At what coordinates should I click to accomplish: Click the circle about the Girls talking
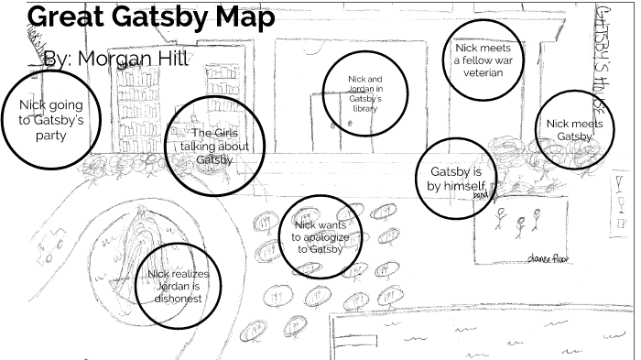pos(214,146)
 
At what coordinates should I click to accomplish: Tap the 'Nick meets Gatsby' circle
pos(575,130)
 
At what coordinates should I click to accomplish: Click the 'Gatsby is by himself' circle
pos(456,179)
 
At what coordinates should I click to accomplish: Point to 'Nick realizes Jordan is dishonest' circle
pos(179,285)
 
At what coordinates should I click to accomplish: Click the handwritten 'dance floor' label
pos(548,260)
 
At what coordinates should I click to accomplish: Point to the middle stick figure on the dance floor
pos(521,224)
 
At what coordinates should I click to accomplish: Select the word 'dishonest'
pos(179,298)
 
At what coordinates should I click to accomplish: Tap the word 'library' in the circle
pos(364,108)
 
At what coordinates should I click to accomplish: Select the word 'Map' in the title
pos(242,18)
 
